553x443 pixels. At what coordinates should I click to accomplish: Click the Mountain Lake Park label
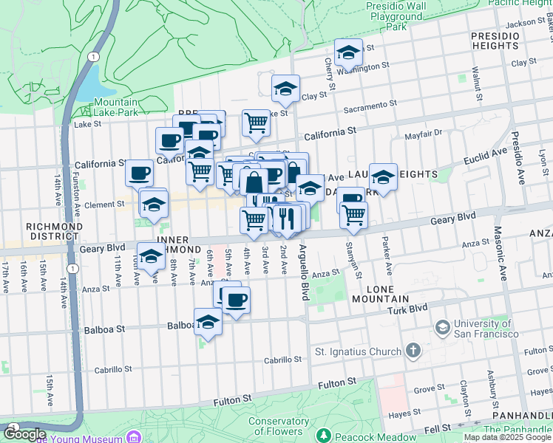[116, 107]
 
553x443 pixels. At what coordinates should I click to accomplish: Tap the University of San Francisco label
[486, 329]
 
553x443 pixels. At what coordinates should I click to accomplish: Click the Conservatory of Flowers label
[278, 426]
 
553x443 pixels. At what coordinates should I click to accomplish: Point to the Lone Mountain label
[381, 293]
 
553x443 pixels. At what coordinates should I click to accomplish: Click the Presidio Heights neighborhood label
[495, 41]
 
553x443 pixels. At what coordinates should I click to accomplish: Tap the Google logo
[25, 435]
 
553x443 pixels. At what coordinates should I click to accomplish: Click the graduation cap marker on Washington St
[348, 53]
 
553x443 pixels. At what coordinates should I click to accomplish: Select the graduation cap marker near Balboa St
[208, 323]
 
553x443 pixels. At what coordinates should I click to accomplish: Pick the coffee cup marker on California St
[169, 140]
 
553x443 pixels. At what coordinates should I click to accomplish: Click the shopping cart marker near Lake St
[256, 123]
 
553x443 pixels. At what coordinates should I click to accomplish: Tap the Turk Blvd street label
[407, 308]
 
